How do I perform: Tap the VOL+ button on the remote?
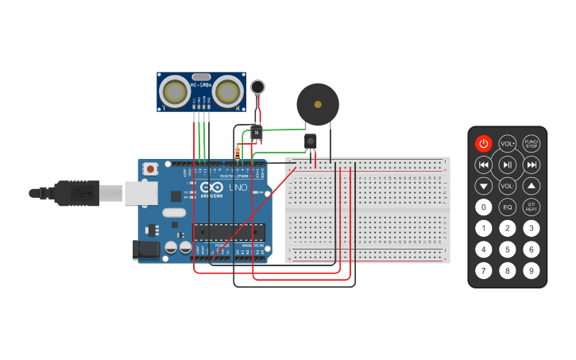(x=508, y=144)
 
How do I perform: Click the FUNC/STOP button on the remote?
(x=532, y=144)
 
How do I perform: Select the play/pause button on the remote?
(x=508, y=165)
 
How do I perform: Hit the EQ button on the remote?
(x=508, y=207)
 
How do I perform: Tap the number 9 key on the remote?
(x=532, y=271)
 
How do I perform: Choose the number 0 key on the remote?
(x=483, y=207)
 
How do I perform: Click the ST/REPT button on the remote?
(x=532, y=207)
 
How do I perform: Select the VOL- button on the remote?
(x=508, y=186)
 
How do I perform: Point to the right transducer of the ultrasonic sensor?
(x=227, y=92)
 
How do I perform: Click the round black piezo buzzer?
(x=318, y=104)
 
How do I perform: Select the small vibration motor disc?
(x=257, y=87)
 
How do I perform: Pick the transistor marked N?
(x=256, y=133)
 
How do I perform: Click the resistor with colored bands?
(x=238, y=153)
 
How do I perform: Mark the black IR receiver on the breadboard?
(x=310, y=141)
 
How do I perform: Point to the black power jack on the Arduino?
(x=148, y=250)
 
